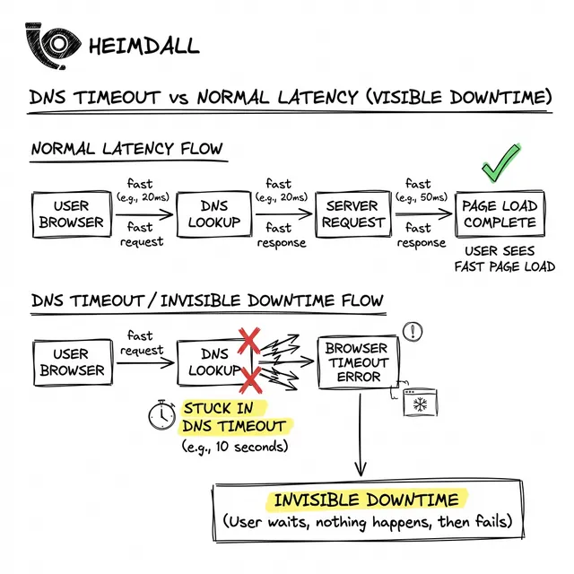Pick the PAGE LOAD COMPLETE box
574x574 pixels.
(500, 213)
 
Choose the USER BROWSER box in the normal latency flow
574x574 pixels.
(71, 213)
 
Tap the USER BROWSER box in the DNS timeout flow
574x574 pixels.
(71, 361)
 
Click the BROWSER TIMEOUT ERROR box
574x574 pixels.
(357, 361)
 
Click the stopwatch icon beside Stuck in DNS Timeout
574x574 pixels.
(162, 413)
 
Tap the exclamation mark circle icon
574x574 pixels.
(413, 332)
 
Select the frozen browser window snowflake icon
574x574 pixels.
(418, 404)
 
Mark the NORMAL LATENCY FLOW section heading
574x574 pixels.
(126, 149)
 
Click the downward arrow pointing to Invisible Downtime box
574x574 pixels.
(361, 439)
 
